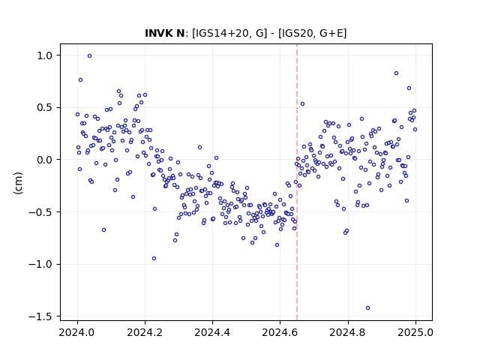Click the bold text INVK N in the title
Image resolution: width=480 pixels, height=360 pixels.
click(165, 33)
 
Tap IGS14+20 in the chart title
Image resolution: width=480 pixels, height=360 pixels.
click(220, 33)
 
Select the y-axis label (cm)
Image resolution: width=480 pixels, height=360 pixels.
click(18, 183)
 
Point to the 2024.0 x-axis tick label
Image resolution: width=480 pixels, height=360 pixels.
click(77, 332)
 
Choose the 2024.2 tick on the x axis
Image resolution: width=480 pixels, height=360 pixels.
click(145, 332)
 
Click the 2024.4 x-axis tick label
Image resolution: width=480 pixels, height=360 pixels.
click(212, 332)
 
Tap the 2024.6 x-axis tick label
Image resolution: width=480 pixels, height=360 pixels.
click(280, 332)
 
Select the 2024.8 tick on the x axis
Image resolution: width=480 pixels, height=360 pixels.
click(348, 332)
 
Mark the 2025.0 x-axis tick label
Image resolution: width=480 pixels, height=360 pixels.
click(415, 332)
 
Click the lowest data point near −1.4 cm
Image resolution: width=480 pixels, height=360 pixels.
click(367, 308)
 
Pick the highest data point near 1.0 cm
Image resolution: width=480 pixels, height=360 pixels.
click(89, 56)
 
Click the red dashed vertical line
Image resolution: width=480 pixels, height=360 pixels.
click(297, 182)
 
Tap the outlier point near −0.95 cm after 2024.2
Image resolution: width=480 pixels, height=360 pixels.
click(154, 258)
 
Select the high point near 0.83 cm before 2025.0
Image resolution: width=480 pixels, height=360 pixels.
click(396, 73)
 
